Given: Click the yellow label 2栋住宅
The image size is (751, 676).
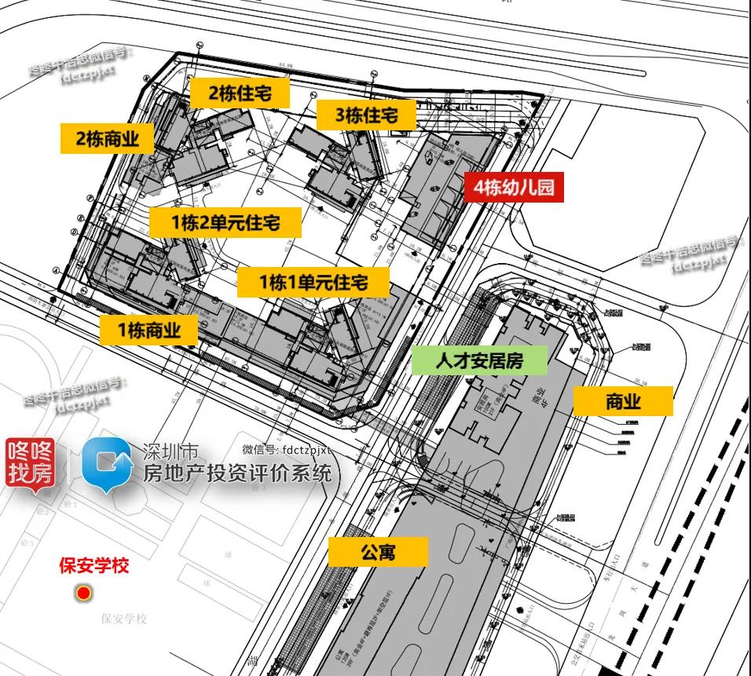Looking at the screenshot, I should click(240, 93).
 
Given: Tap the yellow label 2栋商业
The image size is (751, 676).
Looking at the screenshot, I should click(108, 139).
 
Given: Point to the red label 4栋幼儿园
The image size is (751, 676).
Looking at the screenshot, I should click(514, 188).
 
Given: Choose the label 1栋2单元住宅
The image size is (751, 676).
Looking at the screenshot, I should click(225, 222).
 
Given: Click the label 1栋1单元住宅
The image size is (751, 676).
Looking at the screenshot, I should click(314, 281).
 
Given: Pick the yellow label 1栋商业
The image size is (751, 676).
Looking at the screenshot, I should click(149, 331).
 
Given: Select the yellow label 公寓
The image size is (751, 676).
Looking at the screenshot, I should click(378, 552).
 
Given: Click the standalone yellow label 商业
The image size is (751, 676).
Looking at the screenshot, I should click(623, 401).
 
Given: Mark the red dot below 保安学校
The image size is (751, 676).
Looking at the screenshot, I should click(83, 594).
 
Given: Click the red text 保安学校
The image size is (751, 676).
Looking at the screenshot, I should click(94, 565).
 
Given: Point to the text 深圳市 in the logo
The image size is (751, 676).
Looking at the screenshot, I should click(170, 451).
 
